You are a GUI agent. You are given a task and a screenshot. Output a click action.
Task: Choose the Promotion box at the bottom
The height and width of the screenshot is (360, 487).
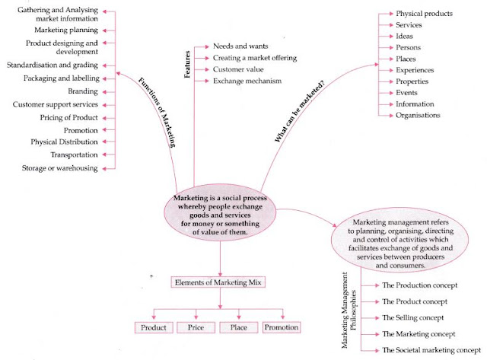pyautogui.click(x=282, y=327)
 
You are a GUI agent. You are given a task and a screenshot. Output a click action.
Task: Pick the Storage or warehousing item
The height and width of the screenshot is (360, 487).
pyautogui.click(x=60, y=168)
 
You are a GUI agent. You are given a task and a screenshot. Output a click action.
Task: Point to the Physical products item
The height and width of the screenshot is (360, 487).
pyautogui.click(x=424, y=13)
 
